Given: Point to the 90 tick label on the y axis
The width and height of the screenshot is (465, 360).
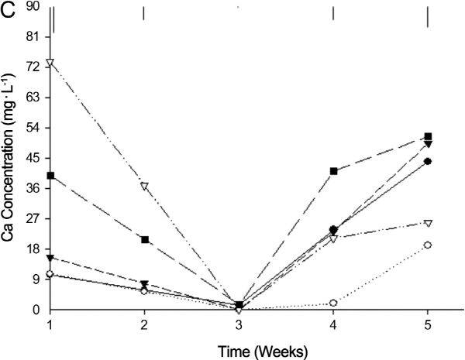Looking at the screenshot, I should tap(32, 7).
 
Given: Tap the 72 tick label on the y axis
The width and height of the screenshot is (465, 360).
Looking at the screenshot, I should tap(32, 68).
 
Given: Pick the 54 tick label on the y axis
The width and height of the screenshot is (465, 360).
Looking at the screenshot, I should tap(32, 129).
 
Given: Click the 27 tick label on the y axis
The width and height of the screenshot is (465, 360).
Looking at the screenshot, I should tap(32, 219).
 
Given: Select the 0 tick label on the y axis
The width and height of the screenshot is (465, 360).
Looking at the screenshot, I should tap(35, 310).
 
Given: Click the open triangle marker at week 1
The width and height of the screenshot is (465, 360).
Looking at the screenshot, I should tap(50, 63).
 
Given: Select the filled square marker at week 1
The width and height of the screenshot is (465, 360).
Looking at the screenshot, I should tap(50, 176).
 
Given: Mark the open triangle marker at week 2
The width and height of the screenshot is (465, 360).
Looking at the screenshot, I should tap(144, 187).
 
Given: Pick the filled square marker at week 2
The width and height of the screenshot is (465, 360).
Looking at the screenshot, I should tap(144, 240).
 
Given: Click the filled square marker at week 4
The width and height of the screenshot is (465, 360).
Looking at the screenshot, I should tap(333, 171).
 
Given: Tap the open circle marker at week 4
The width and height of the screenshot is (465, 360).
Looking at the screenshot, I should tap(333, 303).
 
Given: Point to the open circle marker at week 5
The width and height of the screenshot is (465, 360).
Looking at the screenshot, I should tap(428, 245).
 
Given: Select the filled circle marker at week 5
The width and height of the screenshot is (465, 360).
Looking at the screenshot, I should tap(428, 162).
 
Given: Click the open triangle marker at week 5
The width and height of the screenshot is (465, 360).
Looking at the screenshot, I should tap(428, 223).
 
